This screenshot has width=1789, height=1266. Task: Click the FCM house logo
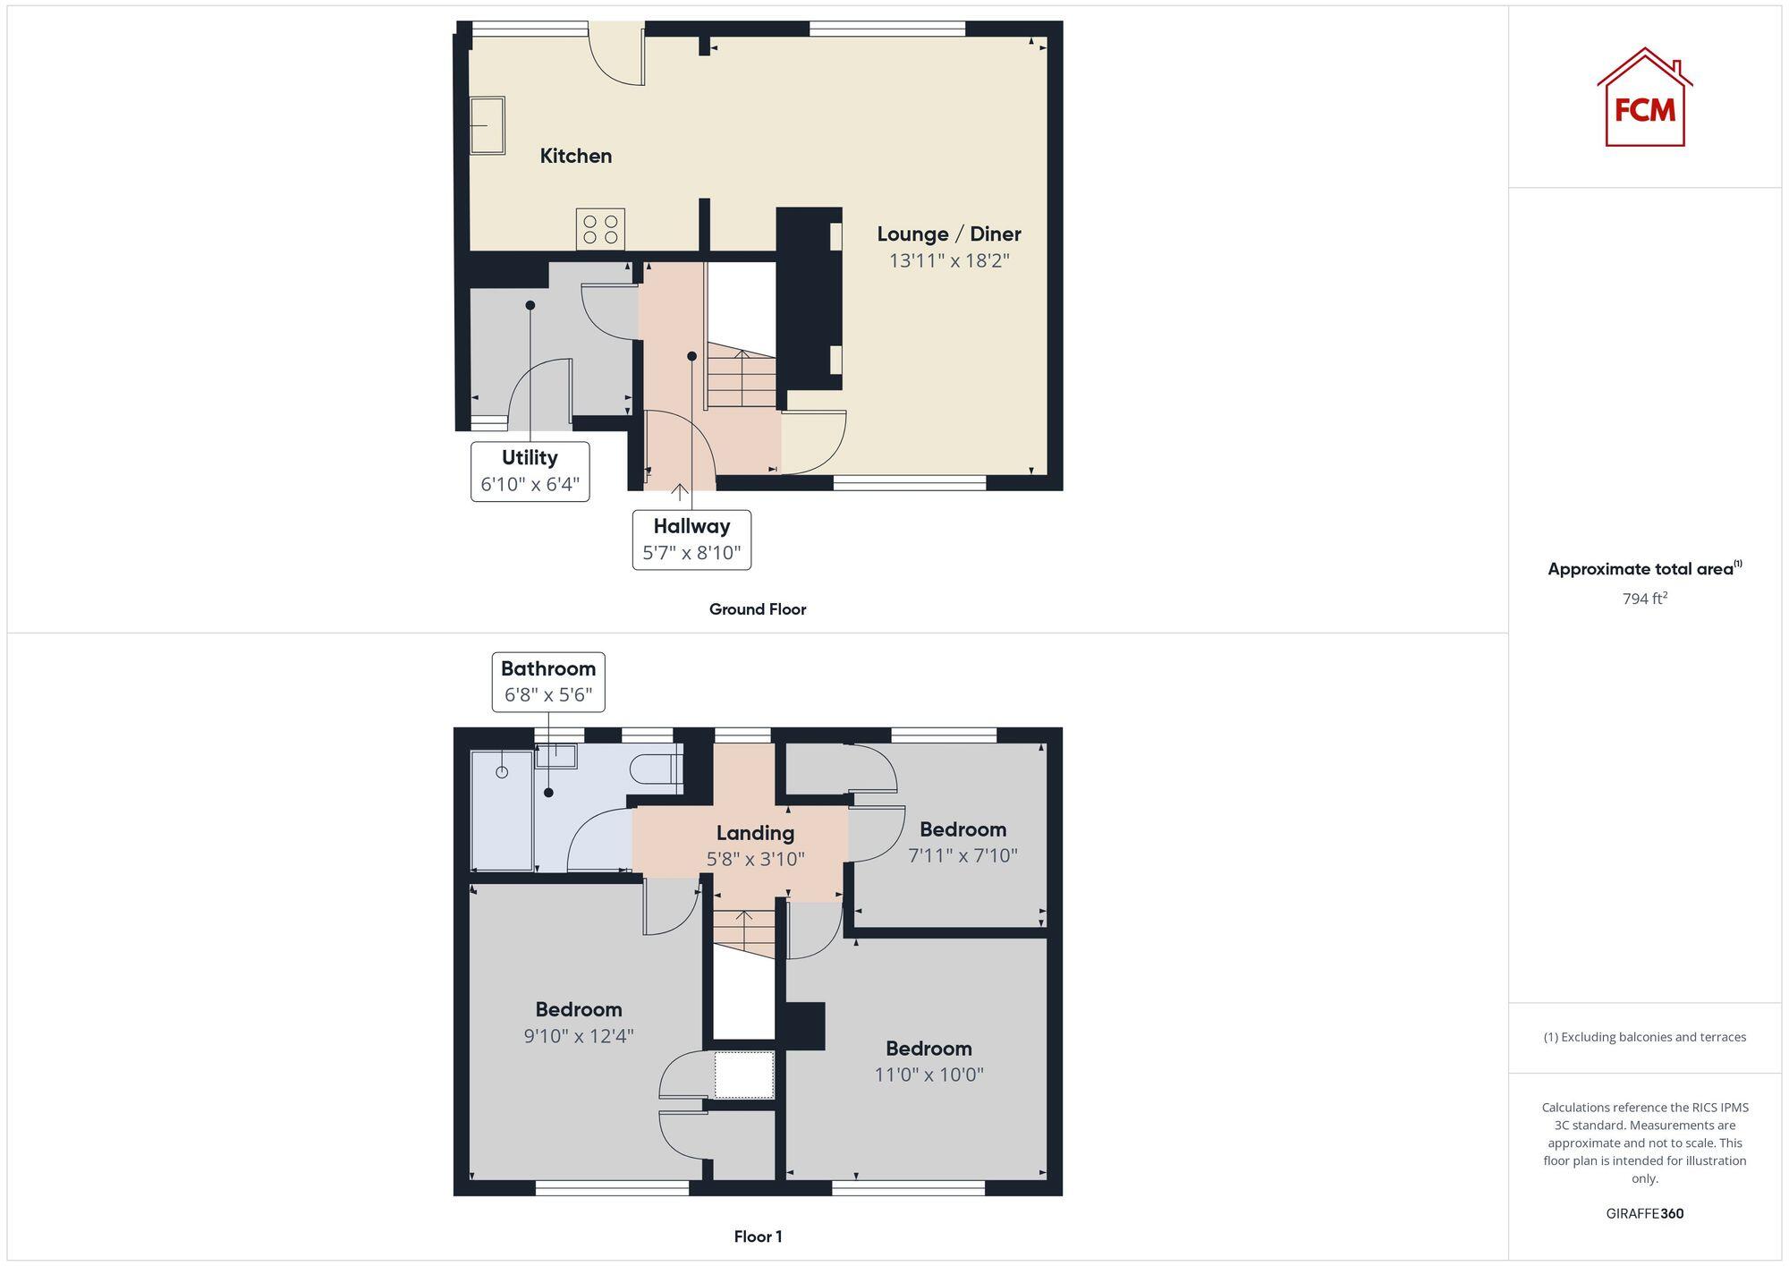(1644, 98)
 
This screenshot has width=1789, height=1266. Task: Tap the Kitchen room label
(575, 156)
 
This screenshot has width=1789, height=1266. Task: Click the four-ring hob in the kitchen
(600, 229)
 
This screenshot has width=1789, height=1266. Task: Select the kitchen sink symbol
(488, 125)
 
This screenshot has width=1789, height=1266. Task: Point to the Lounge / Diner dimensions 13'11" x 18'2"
(948, 260)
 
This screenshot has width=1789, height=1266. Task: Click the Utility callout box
(530, 471)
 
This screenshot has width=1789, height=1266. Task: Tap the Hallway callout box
(691, 540)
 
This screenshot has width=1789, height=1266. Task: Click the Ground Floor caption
(757, 609)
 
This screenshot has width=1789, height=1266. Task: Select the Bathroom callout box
(547, 682)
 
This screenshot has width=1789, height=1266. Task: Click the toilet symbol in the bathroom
(655, 769)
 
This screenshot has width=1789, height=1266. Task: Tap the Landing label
(755, 833)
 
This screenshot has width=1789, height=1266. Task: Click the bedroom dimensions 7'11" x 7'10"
(962, 855)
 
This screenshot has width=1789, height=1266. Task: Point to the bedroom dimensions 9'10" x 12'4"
(578, 1036)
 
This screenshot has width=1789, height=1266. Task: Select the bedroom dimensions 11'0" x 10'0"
(928, 1075)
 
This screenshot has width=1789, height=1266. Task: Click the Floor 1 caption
(758, 1236)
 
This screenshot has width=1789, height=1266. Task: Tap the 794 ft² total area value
(1644, 599)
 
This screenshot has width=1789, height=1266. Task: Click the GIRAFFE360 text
(1644, 1213)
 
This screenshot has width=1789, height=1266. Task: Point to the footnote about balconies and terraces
(1644, 1037)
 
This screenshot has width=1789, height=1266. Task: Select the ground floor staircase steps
(742, 380)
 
